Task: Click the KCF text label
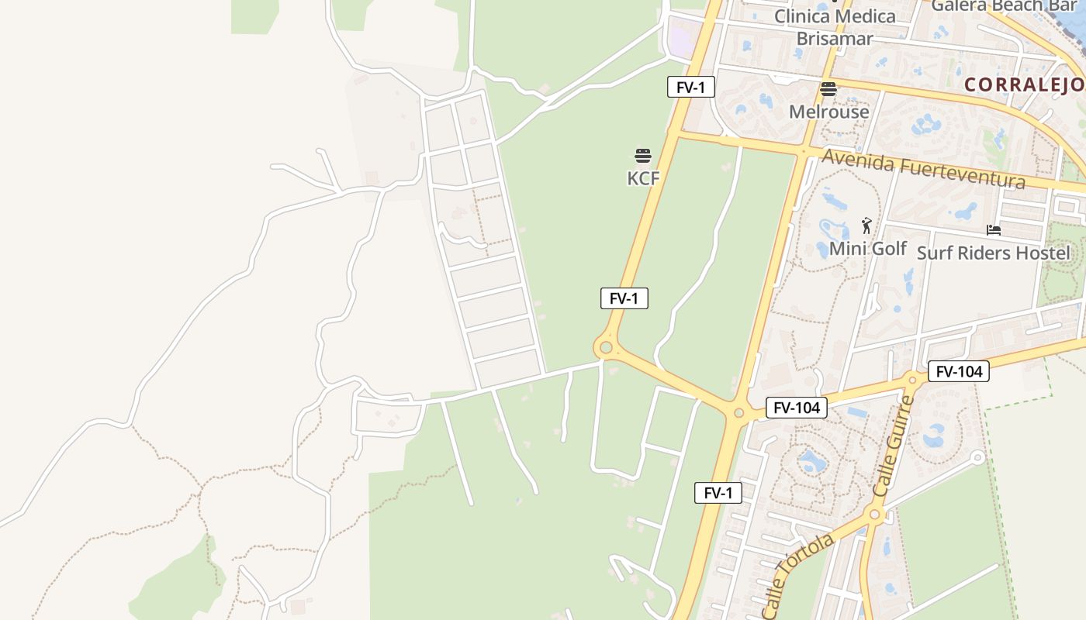pos(643,178)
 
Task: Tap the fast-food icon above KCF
pos(643,156)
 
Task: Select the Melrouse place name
pos(828,112)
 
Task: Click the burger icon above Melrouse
pos(828,89)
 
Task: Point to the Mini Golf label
pos(867,249)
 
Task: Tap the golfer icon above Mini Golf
pos(867,226)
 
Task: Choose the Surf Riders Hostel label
pos(993,253)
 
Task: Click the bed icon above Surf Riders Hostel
pos(993,230)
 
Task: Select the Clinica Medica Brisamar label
pos(835,27)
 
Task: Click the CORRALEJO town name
pos(1024,84)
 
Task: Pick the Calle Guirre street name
pos(894,447)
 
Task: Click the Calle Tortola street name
pos(797,574)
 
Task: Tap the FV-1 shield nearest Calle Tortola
pos(718,493)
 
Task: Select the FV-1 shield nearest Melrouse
pos(690,87)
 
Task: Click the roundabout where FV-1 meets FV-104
pos(738,413)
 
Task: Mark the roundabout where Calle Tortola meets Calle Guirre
pos(875,515)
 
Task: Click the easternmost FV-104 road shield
pos(959,371)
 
